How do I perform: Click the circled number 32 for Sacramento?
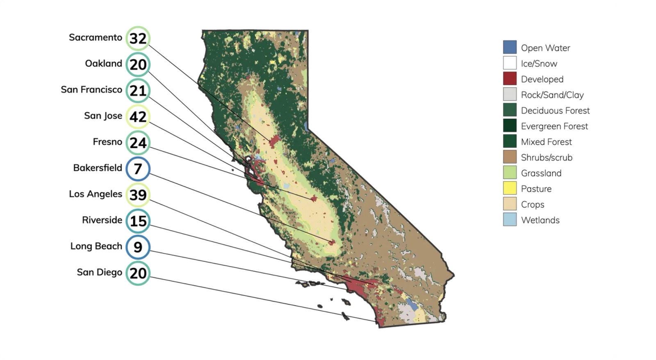[138, 38]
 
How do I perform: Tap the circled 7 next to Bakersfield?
[138, 169]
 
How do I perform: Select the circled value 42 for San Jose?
[138, 116]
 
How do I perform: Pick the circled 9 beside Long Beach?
[138, 247]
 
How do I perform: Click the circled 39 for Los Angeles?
[138, 195]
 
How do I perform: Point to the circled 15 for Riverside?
[138, 221]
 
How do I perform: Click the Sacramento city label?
[96, 37]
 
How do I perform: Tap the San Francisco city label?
[91, 89]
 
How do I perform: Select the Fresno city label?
[107, 142]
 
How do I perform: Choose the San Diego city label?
[100, 272]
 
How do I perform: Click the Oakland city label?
[103, 64]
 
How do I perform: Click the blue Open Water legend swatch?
[510, 47]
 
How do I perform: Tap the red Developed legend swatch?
[510, 78]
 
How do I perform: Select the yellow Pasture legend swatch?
[510, 188]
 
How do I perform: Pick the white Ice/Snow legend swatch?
[510, 63]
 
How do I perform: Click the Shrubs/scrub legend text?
[547, 157]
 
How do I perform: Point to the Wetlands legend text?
[540, 220]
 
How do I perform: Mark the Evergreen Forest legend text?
[554, 126]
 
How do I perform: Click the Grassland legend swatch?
[510, 173]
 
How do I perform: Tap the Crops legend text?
[533, 205]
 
